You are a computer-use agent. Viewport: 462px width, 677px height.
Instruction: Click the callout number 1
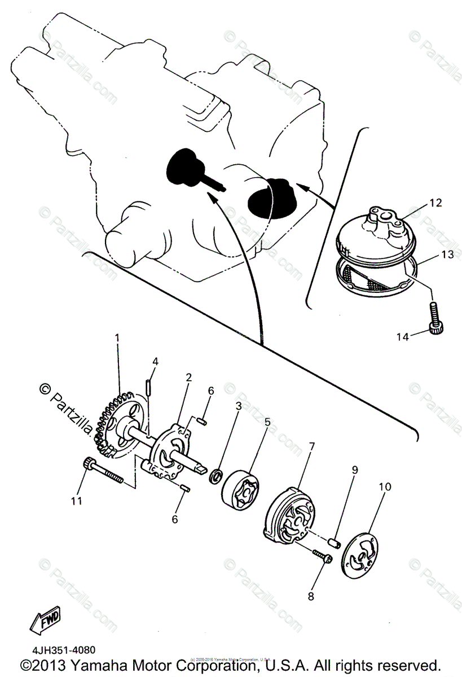pyautogui.click(x=117, y=337)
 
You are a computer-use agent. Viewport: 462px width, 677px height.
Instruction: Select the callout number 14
pyautogui.click(x=402, y=337)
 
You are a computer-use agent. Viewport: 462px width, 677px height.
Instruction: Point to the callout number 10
pyautogui.click(x=385, y=486)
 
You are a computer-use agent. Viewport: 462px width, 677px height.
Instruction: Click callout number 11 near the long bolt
pyautogui.click(x=76, y=500)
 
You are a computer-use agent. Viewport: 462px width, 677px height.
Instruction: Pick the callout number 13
pyautogui.click(x=447, y=254)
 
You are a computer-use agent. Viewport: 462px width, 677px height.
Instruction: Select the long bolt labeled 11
pyautogui.click(x=105, y=472)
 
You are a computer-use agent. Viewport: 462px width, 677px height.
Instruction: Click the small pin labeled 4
pyautogui.click(x=148, y=387)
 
